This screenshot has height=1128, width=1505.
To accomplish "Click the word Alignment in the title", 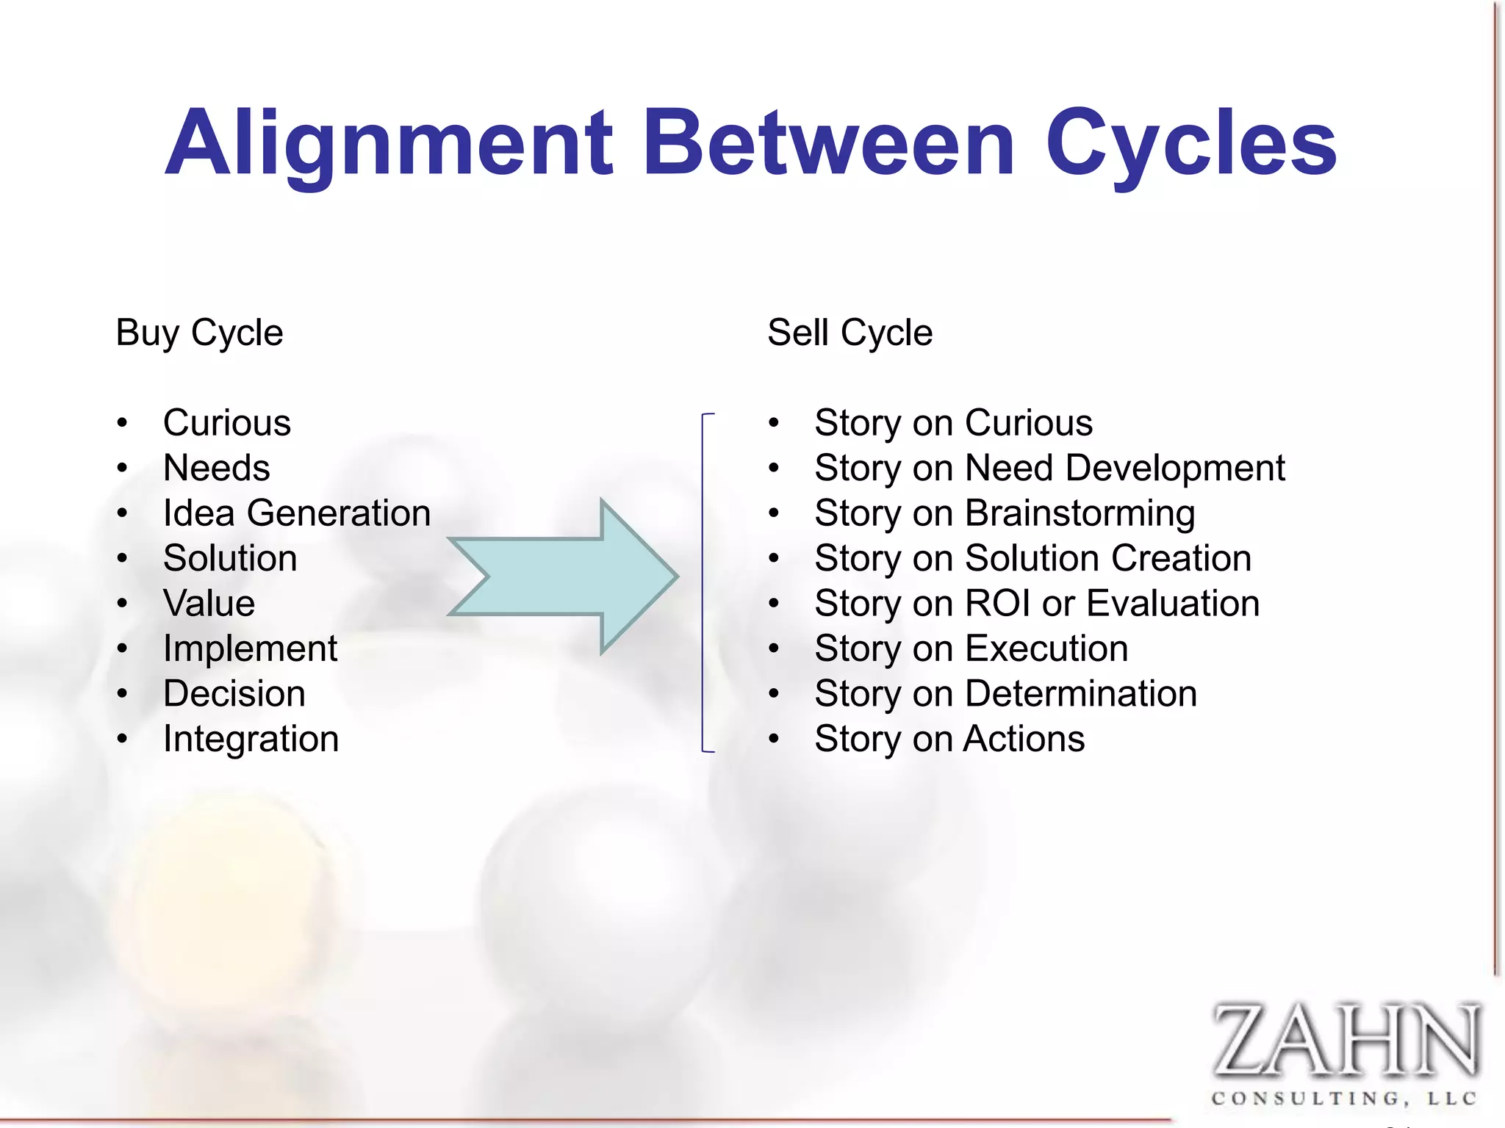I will point(389,143).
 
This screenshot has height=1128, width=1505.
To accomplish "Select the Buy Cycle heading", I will point(199,333).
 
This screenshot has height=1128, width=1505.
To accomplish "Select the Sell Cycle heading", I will point(850,333).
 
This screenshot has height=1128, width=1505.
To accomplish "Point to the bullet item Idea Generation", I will point(296,513).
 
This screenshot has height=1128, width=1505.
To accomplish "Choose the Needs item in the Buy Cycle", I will point(216,468).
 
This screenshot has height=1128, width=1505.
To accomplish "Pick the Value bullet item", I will point(209,603).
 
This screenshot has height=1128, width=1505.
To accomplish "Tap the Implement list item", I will point(250,648).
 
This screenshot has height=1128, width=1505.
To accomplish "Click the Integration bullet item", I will point(251,739).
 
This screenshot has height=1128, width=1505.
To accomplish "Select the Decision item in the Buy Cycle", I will point(234,693).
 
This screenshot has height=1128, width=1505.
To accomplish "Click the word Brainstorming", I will point(1080,513).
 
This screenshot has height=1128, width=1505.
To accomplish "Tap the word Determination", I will point(1081,693).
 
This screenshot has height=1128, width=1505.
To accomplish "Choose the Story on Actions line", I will point(949,739).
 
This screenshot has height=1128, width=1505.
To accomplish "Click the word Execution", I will point(1046,648).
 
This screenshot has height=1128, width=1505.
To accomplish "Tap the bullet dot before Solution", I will point(123,558).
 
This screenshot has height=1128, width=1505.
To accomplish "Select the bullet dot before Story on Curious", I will point(774,423).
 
